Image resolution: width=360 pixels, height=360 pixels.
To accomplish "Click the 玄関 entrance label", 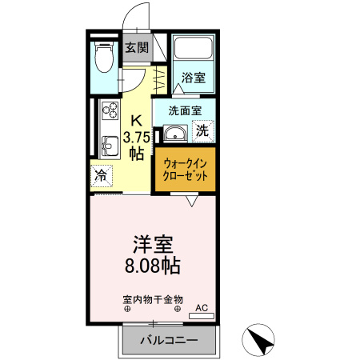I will [x=136, y=48].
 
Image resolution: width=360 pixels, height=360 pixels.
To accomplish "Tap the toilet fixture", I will [x=103, y=57].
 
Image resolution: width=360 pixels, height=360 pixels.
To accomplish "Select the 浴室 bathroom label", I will [x=193, y=78].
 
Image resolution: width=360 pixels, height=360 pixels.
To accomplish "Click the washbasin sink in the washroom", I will [x=177, y=133].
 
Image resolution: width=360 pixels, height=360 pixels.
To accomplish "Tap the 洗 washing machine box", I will [x=203, y=130].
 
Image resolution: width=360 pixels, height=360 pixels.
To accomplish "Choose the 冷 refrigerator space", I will [x=102, y=175].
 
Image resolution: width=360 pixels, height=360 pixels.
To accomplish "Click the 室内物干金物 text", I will [x=153, y=299].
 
